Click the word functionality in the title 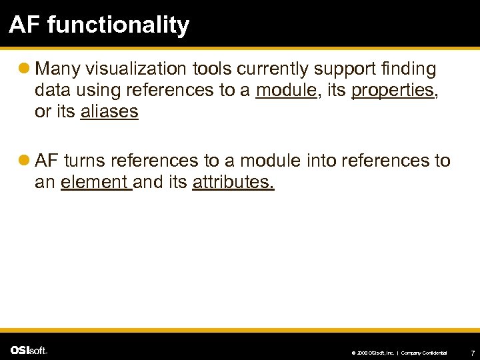127,25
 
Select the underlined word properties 393,91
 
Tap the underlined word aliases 109,112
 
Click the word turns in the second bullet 85,161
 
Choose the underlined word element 95,182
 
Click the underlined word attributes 233,182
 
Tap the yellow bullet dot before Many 25,69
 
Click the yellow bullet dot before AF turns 25,161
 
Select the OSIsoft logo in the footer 29,350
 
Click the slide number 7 472,351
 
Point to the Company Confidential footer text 424,352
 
